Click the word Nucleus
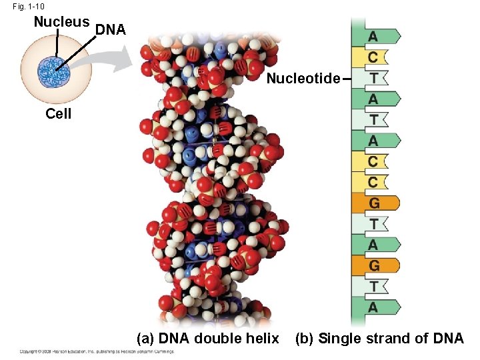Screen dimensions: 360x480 (61, 21)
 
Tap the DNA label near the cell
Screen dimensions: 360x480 (110, 29)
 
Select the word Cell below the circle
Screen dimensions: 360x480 (58, 113)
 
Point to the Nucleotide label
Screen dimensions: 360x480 (303, 79)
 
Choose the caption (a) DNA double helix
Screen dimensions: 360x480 (207, 339)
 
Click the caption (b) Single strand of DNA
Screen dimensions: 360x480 (379, 339)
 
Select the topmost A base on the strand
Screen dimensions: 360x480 (374, 36)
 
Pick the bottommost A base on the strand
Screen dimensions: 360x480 (374, 307)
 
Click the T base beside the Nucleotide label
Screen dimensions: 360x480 (374, 78)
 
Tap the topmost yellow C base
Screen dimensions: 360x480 (374, 57)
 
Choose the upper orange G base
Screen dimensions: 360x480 (374, 203)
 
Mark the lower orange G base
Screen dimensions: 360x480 (374, 266)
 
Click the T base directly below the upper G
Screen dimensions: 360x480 (374, 224)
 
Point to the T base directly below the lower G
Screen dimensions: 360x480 (374, 287)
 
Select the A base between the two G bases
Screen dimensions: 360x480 (374, 245)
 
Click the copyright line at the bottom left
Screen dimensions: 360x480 (97, 351)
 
